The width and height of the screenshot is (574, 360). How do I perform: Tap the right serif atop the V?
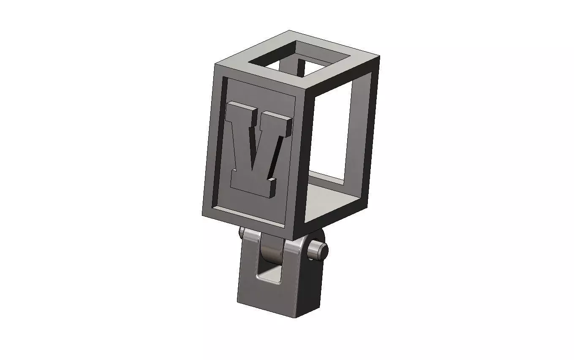281,123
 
